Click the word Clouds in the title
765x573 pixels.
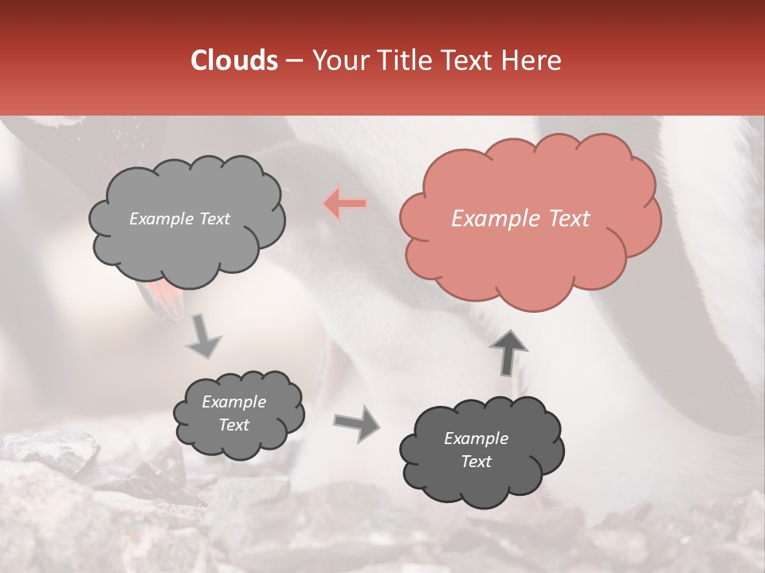click(x=233, y=60)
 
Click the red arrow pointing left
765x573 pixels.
click(x=346, y=204)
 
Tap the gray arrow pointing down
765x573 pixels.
click(x=205, y=337)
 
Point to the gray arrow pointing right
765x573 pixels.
click(x=357, y=423)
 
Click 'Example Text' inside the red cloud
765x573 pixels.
click(x=520, y=219)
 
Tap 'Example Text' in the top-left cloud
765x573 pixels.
click(x=179, y=219)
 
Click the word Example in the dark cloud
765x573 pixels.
click(x=476, y=439)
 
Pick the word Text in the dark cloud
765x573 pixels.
click(x=476, y=462)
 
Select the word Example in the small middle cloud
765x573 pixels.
click(x=233, y=402)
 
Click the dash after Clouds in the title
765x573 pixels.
click(x=293, y=60)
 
